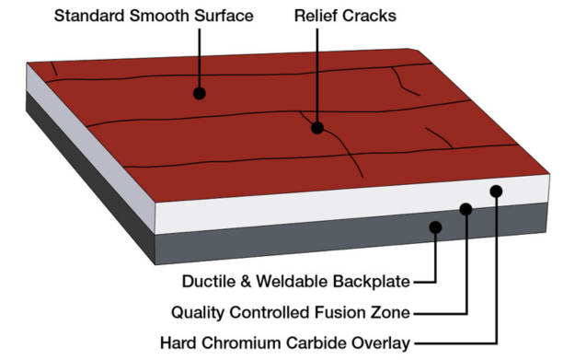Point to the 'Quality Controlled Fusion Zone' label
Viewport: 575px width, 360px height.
(291, 312)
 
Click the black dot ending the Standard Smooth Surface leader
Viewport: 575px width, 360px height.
(199, 93)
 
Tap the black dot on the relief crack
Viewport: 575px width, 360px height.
(316, 128)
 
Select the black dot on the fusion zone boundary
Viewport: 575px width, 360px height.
(466, 209)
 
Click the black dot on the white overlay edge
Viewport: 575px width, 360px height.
(497, 191)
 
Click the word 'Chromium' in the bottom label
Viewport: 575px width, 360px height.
(255, 343)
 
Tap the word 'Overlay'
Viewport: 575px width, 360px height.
(380, 343)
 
